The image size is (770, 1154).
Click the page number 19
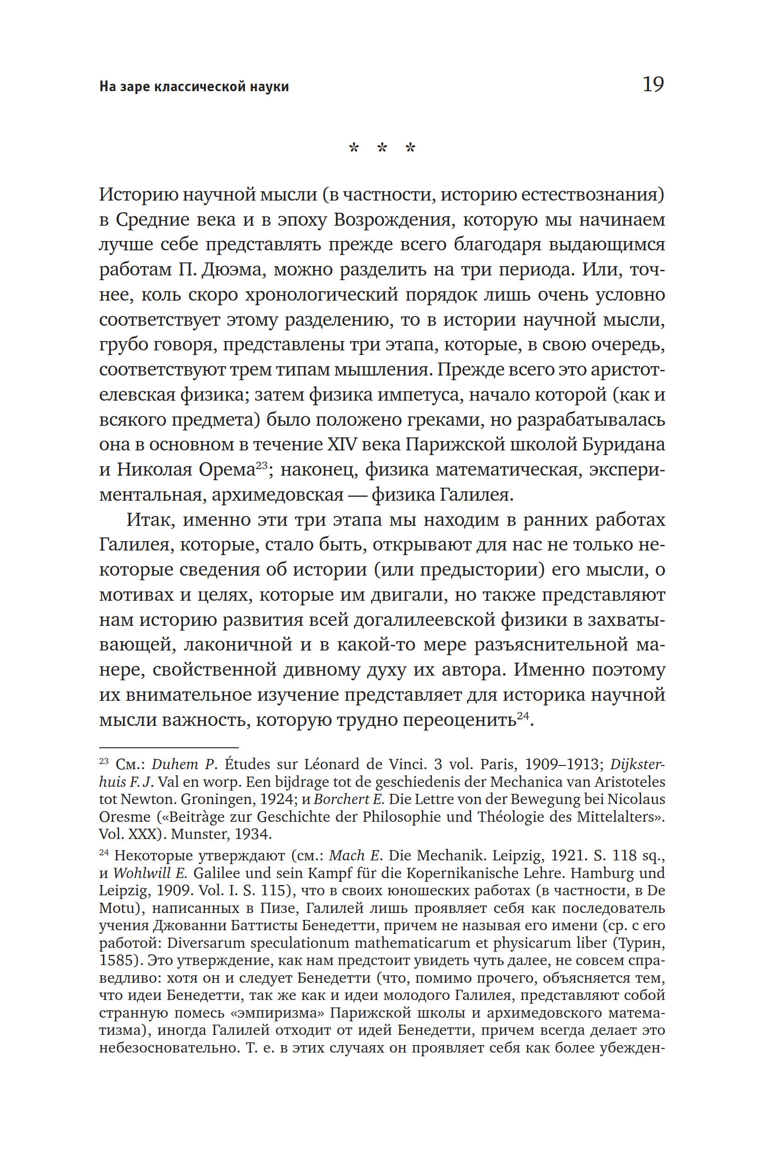tap(653, 85)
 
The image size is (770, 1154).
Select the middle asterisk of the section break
tap(382, 148)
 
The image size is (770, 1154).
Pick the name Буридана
tap(623, 444)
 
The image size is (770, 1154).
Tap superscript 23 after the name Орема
tap(261, 464)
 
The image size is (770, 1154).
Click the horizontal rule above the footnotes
tap(169, 747)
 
